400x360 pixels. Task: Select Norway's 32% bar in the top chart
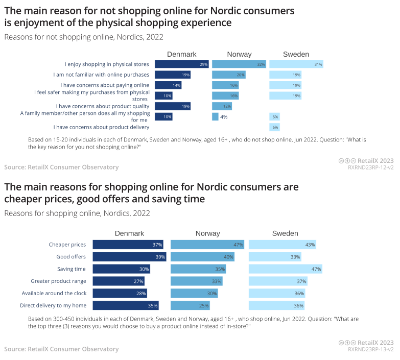click(x=239, y=64)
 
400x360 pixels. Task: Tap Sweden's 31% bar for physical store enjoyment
click(x=296, y=64)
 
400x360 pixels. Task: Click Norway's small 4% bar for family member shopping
click(x=215, y=116)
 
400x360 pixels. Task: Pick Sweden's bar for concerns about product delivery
click(x=274, y=127)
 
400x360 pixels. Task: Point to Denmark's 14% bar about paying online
click(x=168, y=85)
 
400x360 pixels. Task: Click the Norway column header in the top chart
click(x=239, y=55)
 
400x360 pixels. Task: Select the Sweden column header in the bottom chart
click(x=285, y=233)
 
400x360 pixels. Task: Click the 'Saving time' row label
click(x=72, y=269)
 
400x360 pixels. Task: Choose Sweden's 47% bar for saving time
click(x=285, y=269)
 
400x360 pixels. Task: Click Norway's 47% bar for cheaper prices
click(x=207, y=245)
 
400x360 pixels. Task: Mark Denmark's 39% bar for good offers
click(x=129, y=257)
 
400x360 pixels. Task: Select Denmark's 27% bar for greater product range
click(x=119, y=281)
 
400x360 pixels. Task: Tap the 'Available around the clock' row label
click(x=54, y=293)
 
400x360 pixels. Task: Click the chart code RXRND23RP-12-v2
click(x=370, y=167)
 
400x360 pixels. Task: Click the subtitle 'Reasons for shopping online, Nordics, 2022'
click(x=77, y=213)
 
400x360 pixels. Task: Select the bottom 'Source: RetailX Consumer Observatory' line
click(x=61, y=349)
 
